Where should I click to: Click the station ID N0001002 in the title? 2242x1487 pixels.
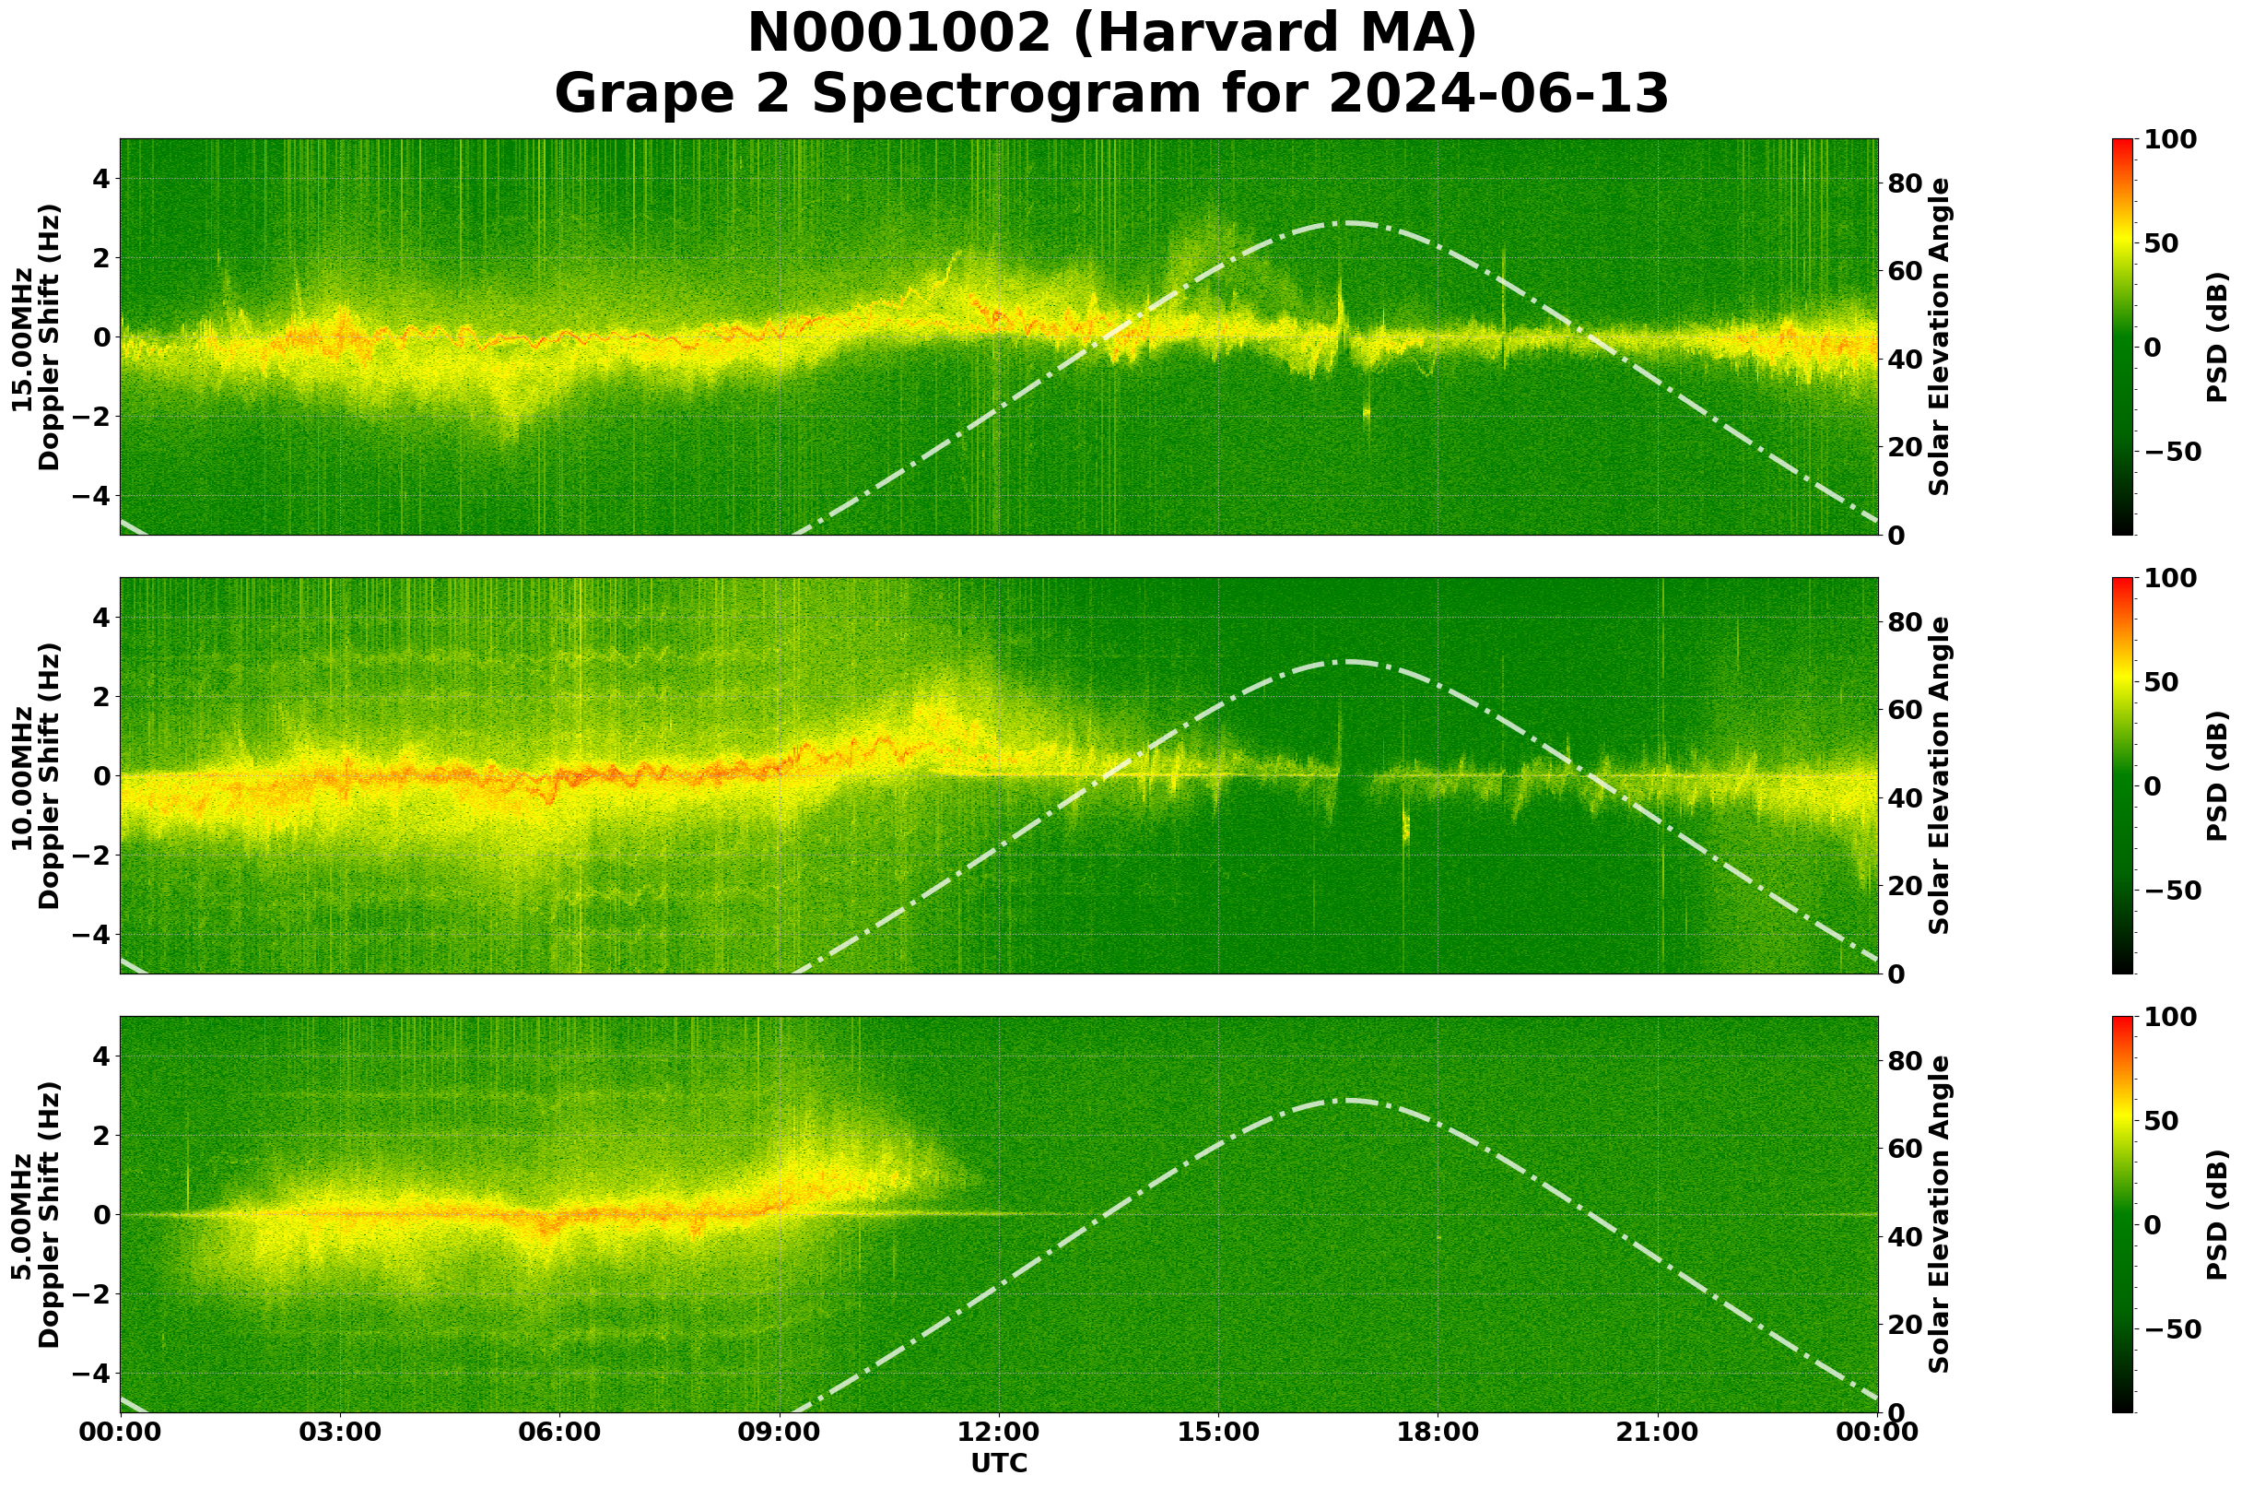[898, 34]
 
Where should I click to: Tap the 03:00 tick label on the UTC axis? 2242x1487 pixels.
[339, 1432]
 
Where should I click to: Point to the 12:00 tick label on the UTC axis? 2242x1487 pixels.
[998, 1432]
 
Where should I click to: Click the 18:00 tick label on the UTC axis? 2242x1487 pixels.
[1438, 1432]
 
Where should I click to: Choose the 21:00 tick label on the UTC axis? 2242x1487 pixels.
[1657, 1432]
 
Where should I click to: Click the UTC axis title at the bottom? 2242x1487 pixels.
[998, 1463]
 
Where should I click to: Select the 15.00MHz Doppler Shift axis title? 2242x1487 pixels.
[35, 336]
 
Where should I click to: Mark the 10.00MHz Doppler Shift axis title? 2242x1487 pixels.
[35, 775]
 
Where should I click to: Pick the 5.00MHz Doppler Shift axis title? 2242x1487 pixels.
[35, 1214]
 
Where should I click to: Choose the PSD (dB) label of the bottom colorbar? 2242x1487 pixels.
[2217, 1214]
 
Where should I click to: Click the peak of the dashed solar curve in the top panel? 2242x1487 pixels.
[1347, 224]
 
